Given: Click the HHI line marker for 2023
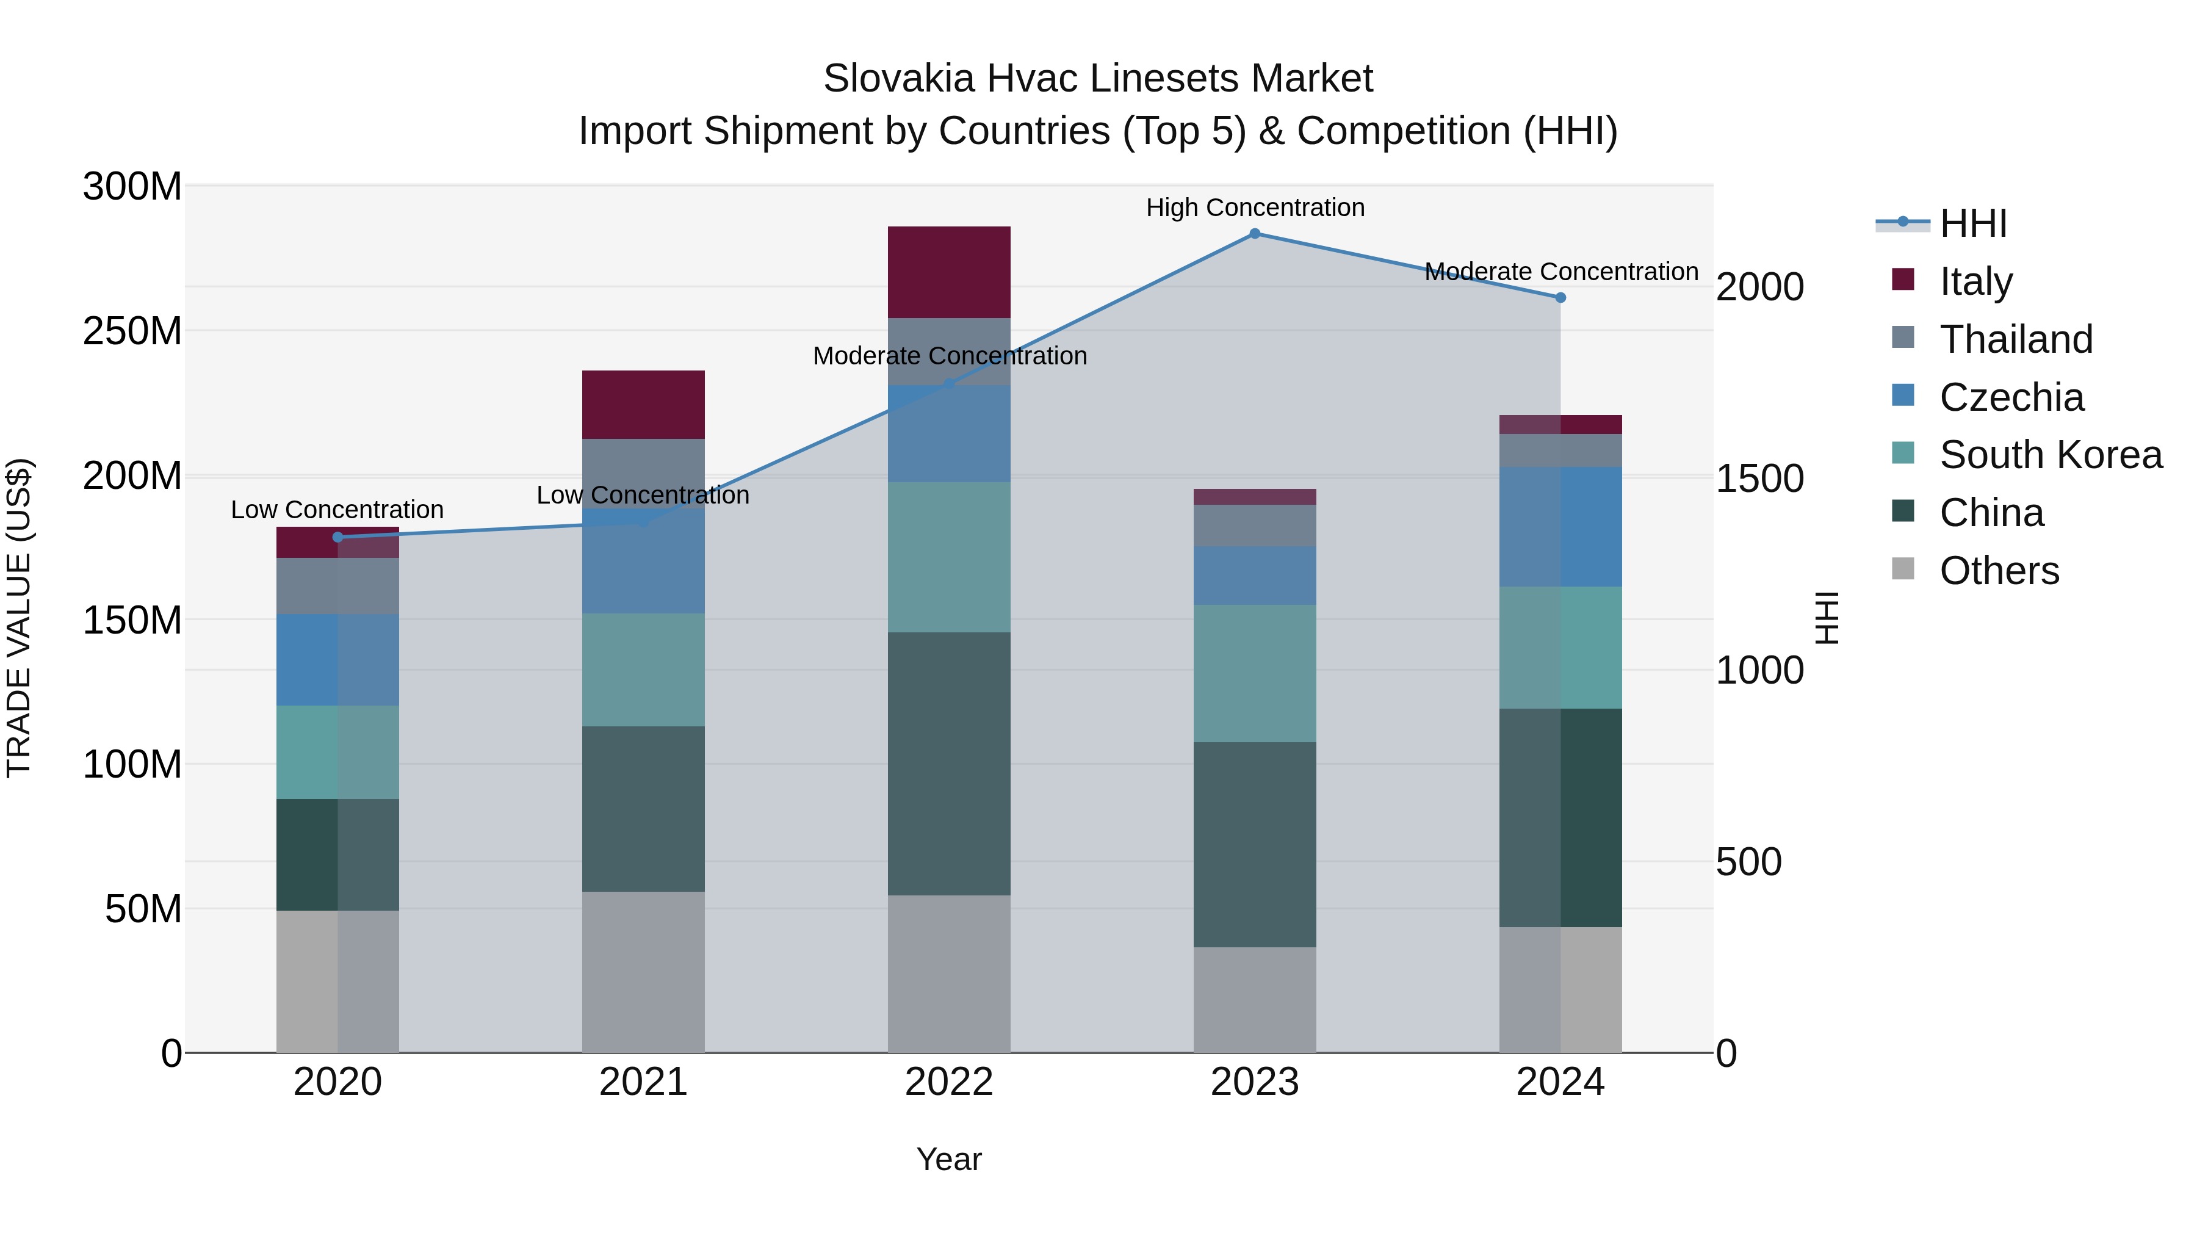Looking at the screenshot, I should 1255,234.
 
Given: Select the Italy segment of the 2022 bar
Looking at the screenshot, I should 948,272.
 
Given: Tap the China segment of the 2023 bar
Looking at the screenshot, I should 1255,845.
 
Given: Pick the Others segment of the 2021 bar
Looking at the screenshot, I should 643,972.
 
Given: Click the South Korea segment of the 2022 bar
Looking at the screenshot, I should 948,557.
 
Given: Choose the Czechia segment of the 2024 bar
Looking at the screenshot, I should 1560,526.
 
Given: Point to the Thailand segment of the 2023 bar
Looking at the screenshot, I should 1255,526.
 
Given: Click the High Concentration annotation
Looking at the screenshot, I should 1255,208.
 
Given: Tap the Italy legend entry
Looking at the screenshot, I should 1975,281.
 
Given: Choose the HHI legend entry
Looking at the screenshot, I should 1972,223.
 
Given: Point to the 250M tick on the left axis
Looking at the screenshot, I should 132,330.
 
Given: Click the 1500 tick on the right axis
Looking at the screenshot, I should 1759,479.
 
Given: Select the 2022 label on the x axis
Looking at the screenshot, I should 948,1082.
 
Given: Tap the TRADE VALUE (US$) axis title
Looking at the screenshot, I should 20,618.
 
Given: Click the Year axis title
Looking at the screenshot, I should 948,1159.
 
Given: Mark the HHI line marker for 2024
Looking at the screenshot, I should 1560,298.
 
